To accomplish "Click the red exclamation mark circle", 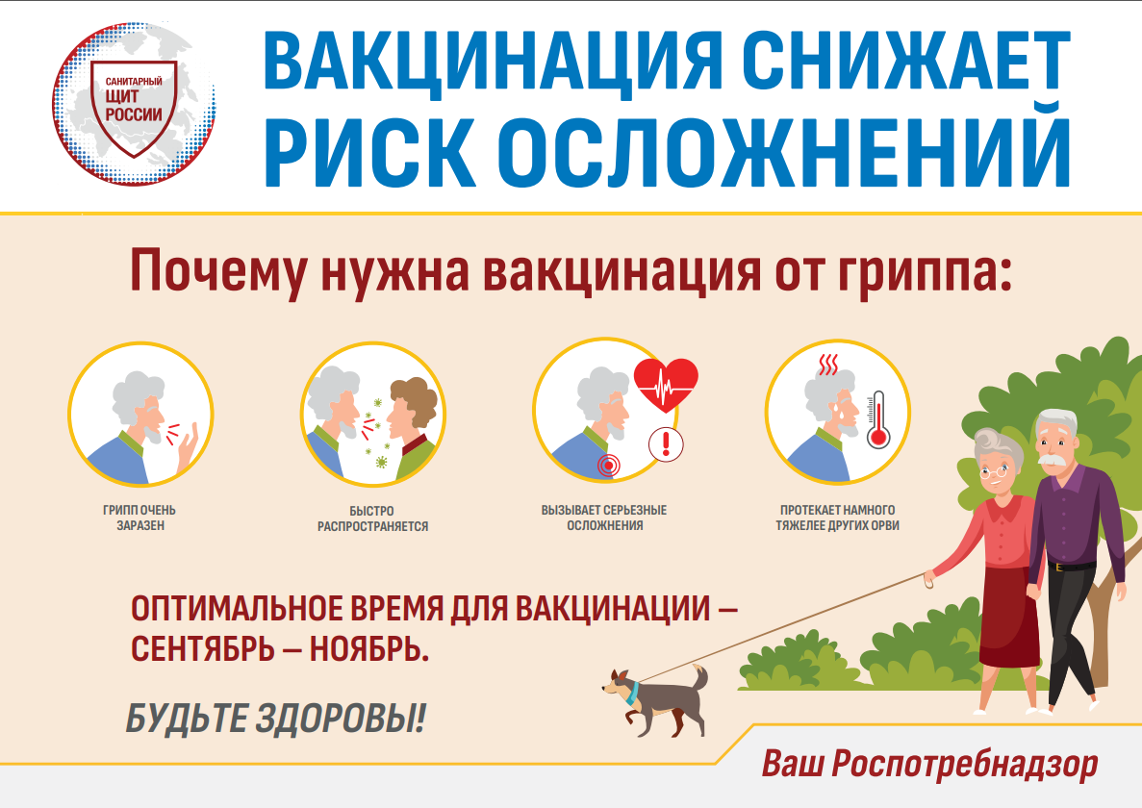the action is pyautogui.click(x=666, y=444).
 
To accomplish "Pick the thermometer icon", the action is pyautogui.click(x=877, y=420).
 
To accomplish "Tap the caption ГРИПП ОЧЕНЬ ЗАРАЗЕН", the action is pyautogui.click(x=140, y=518).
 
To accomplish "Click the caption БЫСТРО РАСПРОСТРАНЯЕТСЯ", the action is pyautogui.click(x=372, y=518).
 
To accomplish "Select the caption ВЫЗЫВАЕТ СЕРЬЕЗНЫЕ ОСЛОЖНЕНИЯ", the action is pyautogui.click(x=604, y=518).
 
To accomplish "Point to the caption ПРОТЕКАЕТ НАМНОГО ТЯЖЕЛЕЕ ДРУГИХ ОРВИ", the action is pyautogui.click(x=838, y=518).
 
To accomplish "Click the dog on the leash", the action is pyautogui.click(x=656, y=698).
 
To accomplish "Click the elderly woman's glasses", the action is pyautogui.click(x=994, y=471).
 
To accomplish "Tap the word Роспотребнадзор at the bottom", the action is pyautogui.click(x=964, y=765).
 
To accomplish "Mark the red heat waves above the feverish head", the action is pyautogui.click(x=828, y=365).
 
